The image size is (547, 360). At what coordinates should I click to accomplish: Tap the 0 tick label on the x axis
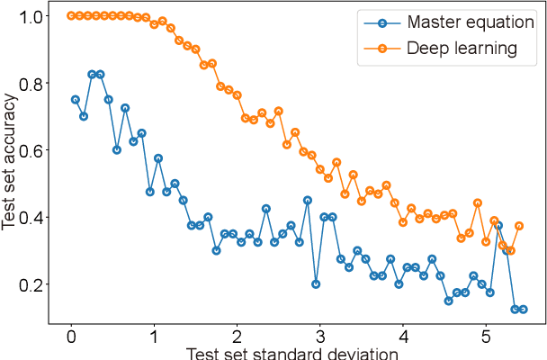(72, 333)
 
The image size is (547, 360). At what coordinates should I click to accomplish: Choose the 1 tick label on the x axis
(154, 333)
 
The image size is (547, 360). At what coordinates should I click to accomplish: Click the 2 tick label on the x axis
(236, 333)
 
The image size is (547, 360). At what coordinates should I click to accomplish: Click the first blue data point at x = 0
(75, 99)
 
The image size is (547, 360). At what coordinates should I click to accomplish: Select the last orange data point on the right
(519, 226)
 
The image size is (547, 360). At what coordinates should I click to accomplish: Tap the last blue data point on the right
(523, 309)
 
